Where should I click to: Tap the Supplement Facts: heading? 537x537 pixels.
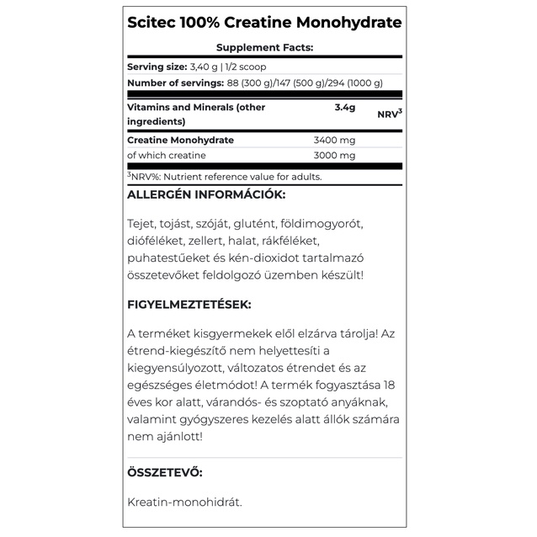[264, 48]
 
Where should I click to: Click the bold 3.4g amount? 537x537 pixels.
[345, 108]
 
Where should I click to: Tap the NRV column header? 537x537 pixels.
[388, 114]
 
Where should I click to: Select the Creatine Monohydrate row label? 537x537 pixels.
[180, 140]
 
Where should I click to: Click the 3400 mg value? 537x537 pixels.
[334, 140]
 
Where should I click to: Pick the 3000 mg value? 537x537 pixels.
[334, 156]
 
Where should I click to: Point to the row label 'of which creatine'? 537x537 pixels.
[166, 156]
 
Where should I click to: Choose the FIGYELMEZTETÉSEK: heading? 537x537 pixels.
[189, 304]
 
